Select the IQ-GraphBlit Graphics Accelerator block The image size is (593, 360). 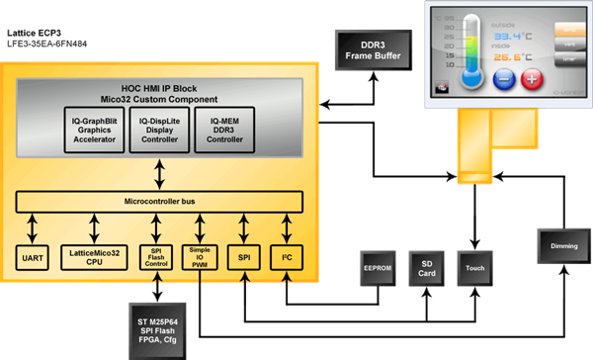click(95, 129)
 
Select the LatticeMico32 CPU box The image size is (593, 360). click(94, 256)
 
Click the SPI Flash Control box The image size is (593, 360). click(155, 256)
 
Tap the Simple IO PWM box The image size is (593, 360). click(199, 256)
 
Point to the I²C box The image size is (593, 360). click(288, 256)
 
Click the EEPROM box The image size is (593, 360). click(377, 267)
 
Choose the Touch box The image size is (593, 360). click(477, 268)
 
